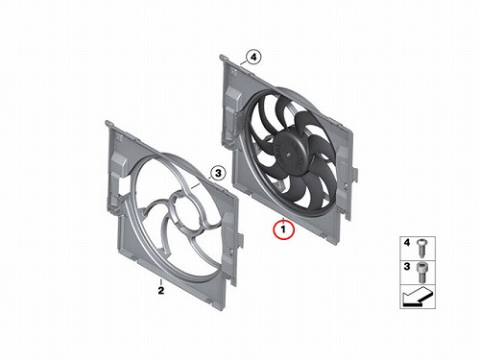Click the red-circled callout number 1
(x=283, y=229)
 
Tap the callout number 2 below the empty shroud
(x=161, y=291)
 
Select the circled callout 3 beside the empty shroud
(x=218, y=174)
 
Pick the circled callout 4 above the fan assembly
(x=253, y=58)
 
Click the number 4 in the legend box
(x=407, y=243)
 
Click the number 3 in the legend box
(x=407, y=266)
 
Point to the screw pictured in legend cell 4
(x=421, y=248)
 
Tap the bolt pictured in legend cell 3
(x=421, y=272)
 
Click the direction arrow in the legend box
(x=418, y=297)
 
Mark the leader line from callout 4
(x=243, y=63)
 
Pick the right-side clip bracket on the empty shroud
(x=239, y=238)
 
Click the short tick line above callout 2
(x=161, y=282)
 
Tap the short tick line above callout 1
(x=283, y=220)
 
